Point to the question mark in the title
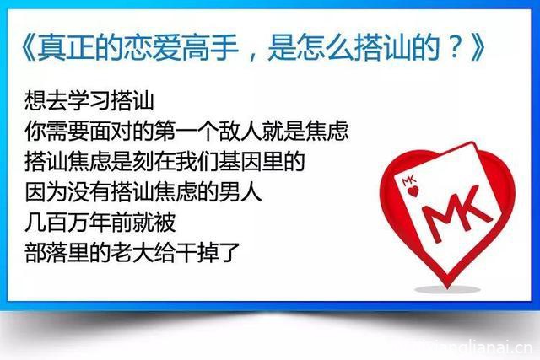tap(455, 48)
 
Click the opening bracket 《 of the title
tap(28, 48)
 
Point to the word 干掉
tap(197, 252)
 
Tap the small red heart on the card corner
tap(413, 191)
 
